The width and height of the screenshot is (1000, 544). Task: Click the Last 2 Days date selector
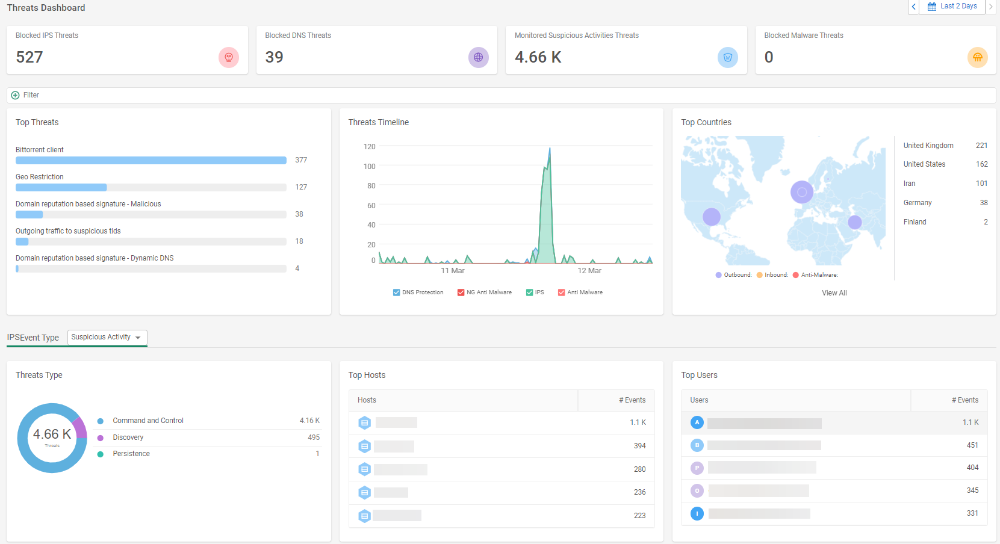[952, 7]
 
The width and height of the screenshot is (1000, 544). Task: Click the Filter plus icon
[16, 95]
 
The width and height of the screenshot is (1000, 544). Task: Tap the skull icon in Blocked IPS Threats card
[229, 58]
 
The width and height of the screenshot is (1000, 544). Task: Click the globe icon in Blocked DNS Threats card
[478, 58]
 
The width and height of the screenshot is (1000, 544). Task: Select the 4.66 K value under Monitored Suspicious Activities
[538, 57]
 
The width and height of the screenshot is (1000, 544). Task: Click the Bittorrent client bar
[151, 161]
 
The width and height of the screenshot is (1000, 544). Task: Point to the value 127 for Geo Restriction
[301, 187]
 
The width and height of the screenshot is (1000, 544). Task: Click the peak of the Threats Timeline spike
[550, 149]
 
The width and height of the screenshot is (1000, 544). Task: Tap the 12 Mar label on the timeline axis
[589, 271]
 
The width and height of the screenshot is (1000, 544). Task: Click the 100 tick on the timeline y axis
[369, 167]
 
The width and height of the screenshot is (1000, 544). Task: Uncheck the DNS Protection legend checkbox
[396, 292]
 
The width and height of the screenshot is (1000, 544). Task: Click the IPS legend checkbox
[529, 292]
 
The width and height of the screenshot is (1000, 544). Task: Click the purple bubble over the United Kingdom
[801, 193]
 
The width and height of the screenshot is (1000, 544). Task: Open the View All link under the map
[834, 293]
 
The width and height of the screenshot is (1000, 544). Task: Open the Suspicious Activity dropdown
[107, 338]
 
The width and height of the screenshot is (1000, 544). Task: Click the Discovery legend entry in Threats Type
[128, 437]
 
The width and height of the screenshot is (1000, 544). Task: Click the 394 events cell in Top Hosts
[639, 446]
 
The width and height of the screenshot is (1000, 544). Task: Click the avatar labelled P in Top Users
[697, 468]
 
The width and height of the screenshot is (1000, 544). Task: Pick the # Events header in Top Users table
[964, 400]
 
